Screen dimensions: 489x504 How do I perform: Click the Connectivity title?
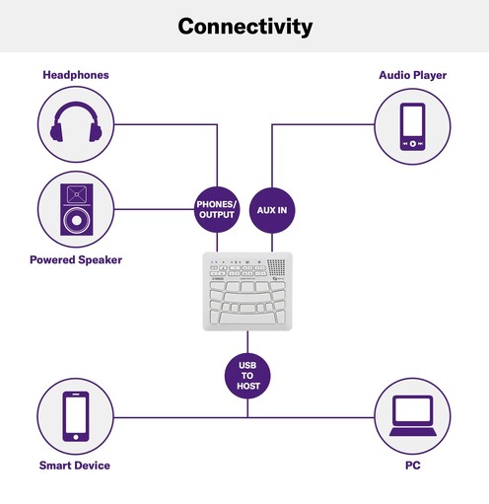[244, 27]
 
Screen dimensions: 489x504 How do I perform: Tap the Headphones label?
[76, 75]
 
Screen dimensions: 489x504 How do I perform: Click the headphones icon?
[76, 122]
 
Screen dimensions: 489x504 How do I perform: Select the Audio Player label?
[412, 75]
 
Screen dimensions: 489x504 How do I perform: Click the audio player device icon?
[412, 127]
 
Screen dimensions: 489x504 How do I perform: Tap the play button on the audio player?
[413, 144]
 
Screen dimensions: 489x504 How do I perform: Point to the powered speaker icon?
[77, 209]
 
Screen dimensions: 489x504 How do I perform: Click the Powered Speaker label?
[76, 260]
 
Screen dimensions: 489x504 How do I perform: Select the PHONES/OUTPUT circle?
[217, 209]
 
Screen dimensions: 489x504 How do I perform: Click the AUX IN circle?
[272, 210]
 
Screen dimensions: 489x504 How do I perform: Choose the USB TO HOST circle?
[247, 376]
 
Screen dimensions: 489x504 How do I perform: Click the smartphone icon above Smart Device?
[76, 416]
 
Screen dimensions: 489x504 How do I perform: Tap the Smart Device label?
[75, 466]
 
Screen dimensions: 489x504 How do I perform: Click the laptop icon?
[413, 415]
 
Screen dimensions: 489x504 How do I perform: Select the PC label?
[413, 466]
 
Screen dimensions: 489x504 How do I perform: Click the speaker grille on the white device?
[276, 267]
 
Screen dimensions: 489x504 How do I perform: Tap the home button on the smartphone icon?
[76, 437]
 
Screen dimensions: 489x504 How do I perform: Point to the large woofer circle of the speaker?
[77, 220]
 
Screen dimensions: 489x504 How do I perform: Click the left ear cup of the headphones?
[56, 132]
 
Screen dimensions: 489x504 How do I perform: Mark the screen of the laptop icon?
[413, 410]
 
